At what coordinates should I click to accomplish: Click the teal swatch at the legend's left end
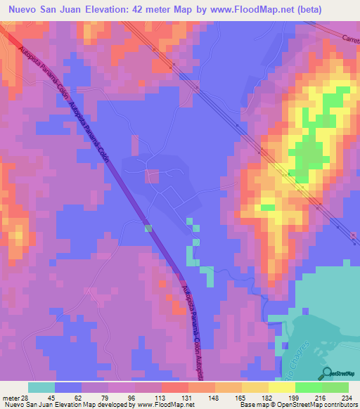pyautogui.click(x=41, y=387)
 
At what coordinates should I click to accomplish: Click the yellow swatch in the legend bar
pyautogui.click(x=281, y=387)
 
